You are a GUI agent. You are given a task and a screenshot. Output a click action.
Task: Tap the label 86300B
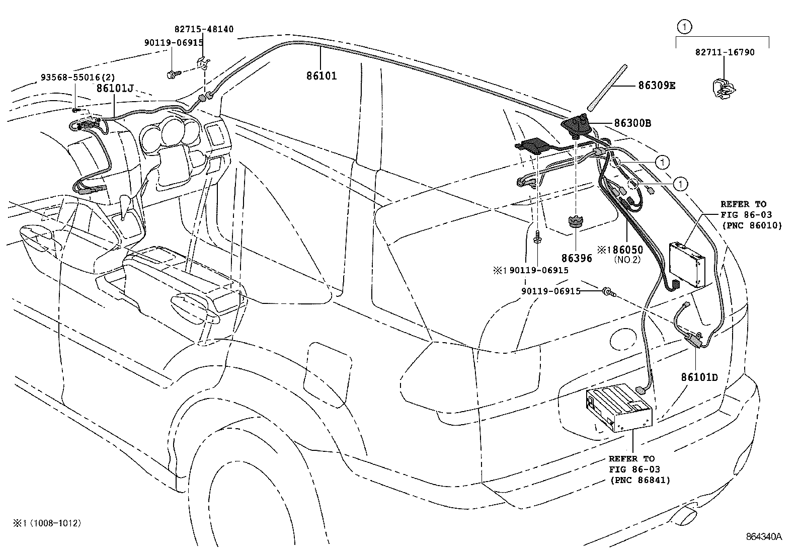(x=632, y=123)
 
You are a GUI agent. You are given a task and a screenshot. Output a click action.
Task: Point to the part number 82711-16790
(x=725, y=52)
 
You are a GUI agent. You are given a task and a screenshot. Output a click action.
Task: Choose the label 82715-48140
(x=204, y=30)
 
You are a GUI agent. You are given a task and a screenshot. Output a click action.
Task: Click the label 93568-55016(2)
(x=78, y=77)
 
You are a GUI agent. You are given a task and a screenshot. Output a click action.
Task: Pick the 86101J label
(x=115, y=89)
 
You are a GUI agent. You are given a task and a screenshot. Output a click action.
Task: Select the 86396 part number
(x=577, y=259)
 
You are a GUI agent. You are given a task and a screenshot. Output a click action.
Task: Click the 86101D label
(x=699, y=376)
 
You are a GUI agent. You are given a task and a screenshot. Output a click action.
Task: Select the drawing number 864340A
(x=764, y=536)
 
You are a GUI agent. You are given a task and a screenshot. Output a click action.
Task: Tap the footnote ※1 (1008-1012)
(x=48, y=523)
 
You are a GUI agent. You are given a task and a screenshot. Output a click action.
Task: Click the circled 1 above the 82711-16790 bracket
(x=683, y=26)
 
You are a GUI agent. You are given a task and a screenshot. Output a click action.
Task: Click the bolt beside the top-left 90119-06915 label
(x=172, y=74)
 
